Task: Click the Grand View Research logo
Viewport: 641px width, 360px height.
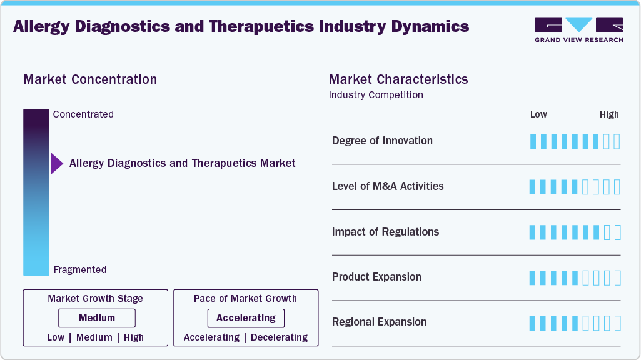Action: pos(578,30)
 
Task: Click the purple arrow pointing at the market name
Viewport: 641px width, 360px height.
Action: pos(57,164)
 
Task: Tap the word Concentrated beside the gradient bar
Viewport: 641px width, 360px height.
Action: pos(83,114)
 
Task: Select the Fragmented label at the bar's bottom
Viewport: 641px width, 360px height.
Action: pos(80,270)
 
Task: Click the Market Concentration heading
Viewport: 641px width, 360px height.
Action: pos(90,79)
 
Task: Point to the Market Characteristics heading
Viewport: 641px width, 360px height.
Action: pos(398,79)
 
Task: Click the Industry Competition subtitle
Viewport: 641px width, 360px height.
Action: pos(376,95)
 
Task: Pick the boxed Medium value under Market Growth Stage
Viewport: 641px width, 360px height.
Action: pos(97,318)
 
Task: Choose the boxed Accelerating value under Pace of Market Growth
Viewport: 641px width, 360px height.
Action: pos(246,318)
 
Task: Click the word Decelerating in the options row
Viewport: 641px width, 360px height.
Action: pos(279,337)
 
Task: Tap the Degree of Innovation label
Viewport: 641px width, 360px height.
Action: pos(382,141)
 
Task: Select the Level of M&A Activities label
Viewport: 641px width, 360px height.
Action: pos(388,186)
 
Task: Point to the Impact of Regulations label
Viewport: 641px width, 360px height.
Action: pos(385,232)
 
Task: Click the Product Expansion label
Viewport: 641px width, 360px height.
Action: pos(376,277)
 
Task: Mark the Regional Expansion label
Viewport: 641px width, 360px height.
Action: pos(379,322)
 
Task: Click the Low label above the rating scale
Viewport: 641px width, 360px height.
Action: pos(538,114)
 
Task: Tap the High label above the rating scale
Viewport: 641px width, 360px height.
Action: pos(609,114)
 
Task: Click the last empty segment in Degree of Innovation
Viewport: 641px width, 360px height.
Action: pos(617,141)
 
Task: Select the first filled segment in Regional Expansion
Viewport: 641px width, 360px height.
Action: pos(533,323)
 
